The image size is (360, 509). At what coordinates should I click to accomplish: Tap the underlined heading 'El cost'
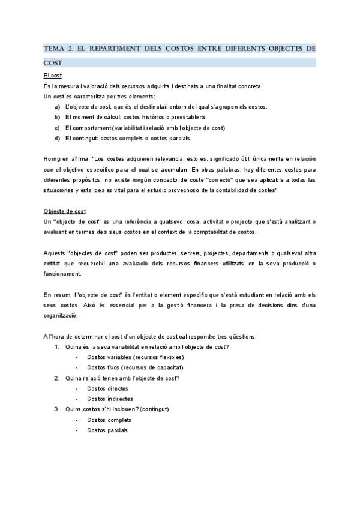coord(53,76)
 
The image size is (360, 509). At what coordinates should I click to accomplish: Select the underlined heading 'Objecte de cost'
coord(65,211)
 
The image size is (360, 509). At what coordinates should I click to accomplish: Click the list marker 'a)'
coord(57,107)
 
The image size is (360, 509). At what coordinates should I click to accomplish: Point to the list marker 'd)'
coord(57,139)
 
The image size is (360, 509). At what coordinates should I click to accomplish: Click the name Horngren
coord(57,159)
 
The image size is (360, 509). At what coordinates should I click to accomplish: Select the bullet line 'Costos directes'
coord(107,388)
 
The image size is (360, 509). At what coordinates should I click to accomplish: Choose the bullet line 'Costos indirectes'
coord(110,399)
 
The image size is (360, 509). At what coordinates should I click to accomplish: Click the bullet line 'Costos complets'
coord(109,420)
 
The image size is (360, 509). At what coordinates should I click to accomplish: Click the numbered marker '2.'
coord(57,378)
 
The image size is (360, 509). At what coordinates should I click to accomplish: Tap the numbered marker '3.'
coord(57,409)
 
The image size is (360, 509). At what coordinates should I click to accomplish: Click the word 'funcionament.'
coord(62,274)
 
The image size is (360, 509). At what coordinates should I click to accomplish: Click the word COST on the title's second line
coord(53,62)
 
